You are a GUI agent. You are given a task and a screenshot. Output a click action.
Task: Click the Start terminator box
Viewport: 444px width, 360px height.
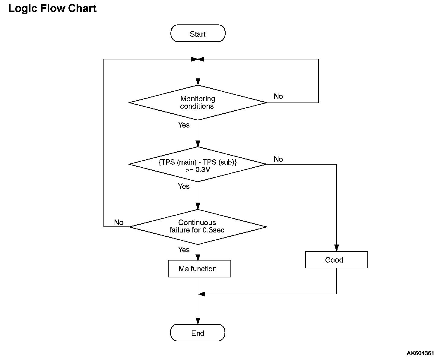pyautogui.click(x=198, y=33)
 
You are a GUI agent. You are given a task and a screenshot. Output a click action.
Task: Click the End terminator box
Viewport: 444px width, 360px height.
pyautogui.click(x=198, y=333)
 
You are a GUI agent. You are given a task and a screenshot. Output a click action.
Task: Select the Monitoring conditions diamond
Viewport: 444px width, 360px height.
pyautogui.click(x=198, y=103)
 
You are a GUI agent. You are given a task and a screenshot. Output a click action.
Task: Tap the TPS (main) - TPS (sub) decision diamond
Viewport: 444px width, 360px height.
pyautogui.click(x=198, y=164)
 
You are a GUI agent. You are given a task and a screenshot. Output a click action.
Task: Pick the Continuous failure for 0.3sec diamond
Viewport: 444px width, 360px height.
pyautogui.click(x=198, y=227)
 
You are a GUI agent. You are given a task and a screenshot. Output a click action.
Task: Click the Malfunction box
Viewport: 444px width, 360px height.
pyautogui.click(x=199, y=269)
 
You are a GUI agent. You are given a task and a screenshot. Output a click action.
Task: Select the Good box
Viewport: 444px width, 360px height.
pyautogui.click(x=336, y=260)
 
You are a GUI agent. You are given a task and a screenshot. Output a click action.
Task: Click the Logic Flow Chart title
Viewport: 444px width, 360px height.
pyautogui.click(x=52, y=8)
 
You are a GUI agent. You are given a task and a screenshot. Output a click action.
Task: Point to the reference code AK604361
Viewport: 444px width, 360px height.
pyautogui.click(x=420, y=353)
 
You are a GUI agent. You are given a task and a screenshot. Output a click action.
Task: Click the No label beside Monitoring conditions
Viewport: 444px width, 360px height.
pyautogui.click(x=278, y=96)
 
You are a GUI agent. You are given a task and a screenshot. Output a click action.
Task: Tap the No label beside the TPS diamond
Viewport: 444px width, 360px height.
pyautogui.click(x=278, y=159)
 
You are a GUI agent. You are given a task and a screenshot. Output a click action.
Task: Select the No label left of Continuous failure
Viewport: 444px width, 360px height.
pyautogui.click(x=119, y=223)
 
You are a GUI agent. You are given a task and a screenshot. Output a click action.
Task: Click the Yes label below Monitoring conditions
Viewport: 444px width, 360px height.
pyautogui.click(x=184, y=125)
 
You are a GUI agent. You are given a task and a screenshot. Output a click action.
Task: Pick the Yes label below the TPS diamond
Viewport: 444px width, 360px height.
pyautogui.click(x=184, y=186)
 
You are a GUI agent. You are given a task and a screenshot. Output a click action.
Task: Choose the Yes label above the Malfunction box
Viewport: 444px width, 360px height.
pyautogui.click(x=184, y=250)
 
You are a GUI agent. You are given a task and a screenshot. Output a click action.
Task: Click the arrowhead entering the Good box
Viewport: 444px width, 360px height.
pyautogui.click(x=336, y=248)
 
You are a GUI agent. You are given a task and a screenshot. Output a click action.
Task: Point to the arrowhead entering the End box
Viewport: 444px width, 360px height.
pyautogui.click(x=198, y=321)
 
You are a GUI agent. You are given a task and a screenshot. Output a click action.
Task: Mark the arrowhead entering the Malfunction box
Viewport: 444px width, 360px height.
pyautogui.click(x=198, y=257)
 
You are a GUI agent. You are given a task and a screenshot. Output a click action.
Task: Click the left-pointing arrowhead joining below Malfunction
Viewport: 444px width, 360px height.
pyautogui.click(x=201, y=294)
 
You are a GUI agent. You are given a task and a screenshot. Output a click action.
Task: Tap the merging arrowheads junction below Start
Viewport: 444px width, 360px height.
pyautogui.click(x=198, y=59)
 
